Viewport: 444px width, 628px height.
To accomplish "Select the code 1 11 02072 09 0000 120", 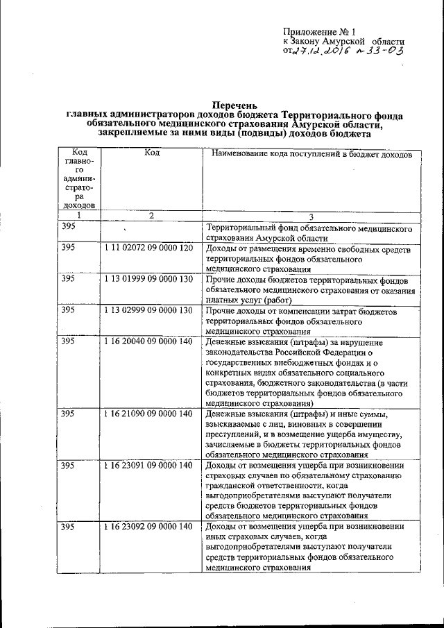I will (x=148, y=248).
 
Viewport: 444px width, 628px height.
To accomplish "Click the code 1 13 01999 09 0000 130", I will (x=148, y=279).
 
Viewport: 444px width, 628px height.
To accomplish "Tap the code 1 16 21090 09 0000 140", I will (x=148, y=414).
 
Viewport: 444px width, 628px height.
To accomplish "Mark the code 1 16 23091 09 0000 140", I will (x=148, y=465).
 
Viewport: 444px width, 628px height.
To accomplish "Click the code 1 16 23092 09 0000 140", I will (x=148, y=527).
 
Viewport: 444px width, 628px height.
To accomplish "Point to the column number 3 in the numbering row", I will (x=311, y=217).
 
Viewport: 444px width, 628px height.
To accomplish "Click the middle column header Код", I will (x=151, y=153).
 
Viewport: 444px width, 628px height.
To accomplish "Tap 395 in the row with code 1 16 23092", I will (x=68, y=527).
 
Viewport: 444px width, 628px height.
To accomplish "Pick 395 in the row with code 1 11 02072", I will (x=68, y=248).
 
